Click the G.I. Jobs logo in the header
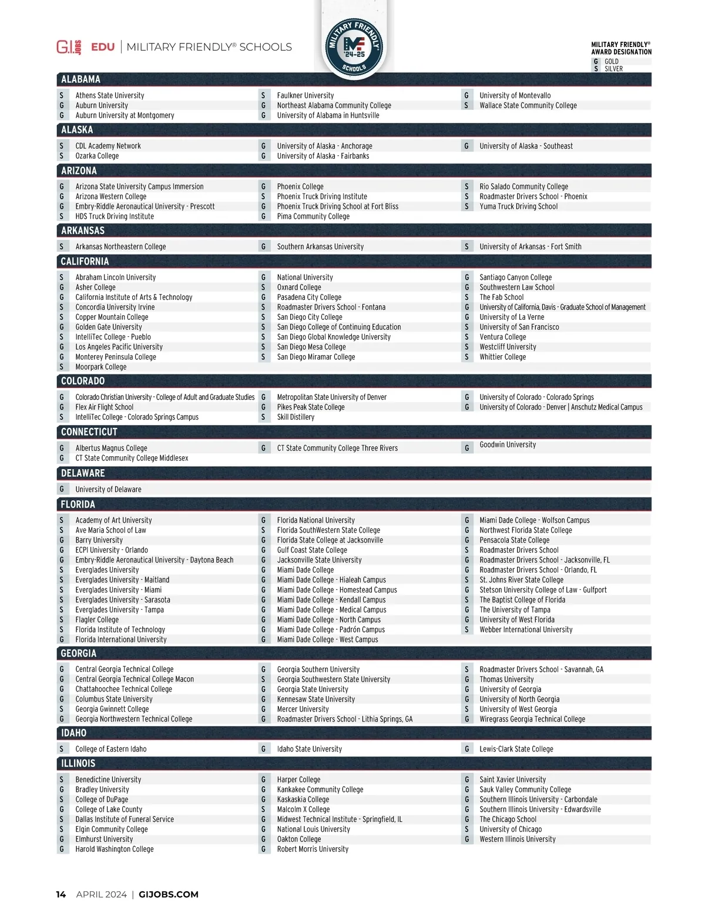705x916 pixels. point(69,47)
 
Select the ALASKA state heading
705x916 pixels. point(77,130)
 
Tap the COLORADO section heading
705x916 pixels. point(83,381)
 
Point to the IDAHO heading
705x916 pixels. point(73,733)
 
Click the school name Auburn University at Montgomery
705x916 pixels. point(125,116)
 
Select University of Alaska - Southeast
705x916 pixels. point(526,146)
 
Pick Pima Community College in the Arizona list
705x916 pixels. point(313,217)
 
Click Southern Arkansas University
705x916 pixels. point(320,247)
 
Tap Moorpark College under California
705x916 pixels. point(100,367)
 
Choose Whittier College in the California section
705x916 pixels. point(502,357)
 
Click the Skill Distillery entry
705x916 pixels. point(296,417)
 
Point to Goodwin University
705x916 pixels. point(508,445)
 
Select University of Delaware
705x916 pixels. point(108,490)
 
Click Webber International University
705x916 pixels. point(526,630)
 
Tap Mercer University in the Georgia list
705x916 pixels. point(303,710)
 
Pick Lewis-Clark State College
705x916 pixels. point(516,750)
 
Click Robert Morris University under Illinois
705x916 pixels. point(313,850)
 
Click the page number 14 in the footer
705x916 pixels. point(61,895)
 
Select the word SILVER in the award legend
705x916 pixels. point(613,69)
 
